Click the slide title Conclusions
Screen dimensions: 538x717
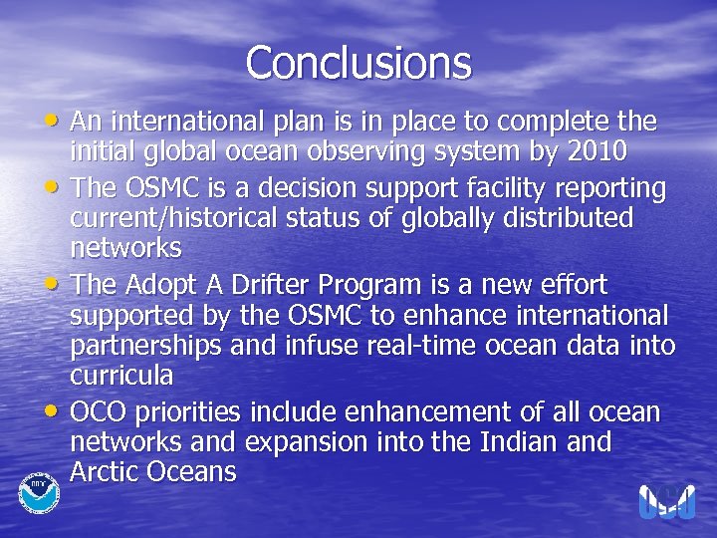358,62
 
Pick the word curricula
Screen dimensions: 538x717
121,375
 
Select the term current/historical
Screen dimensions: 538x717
178,217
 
